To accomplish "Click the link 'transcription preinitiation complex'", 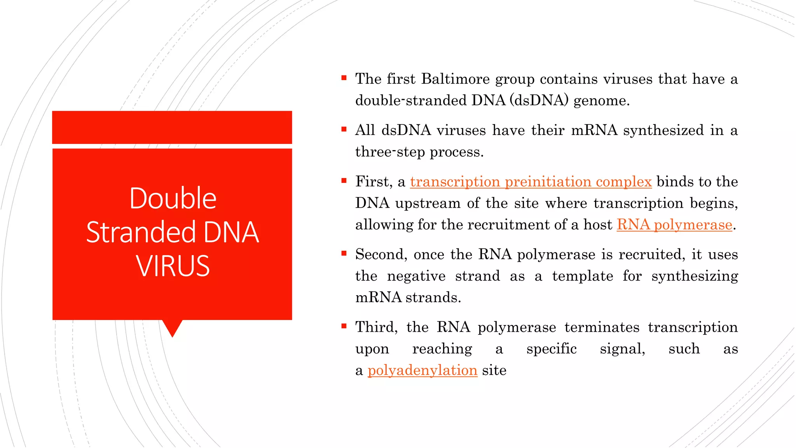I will [x=531, y=182].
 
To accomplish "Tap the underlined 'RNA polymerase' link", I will [x=674, y=225].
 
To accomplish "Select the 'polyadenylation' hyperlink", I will [x=422, y=371].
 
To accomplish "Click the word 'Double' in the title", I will [x=173, y=198].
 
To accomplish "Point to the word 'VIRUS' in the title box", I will [x=173, y=266].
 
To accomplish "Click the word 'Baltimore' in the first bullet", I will [x=455, y=79].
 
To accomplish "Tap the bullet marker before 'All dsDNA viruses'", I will [x=344, y=129].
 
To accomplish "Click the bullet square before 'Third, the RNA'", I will [x=344, y=326].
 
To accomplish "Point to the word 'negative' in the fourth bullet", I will [x=416, y=276].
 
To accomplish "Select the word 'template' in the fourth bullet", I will [x=582, y=276].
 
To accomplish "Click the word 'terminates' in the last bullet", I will [x=602, y=327].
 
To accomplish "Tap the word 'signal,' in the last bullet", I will [x=622, y=349].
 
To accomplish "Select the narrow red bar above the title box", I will [x=172, y=127].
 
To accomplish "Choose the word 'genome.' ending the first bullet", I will [x=601, y=101].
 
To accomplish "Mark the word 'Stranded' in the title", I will [x=141, y=232].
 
